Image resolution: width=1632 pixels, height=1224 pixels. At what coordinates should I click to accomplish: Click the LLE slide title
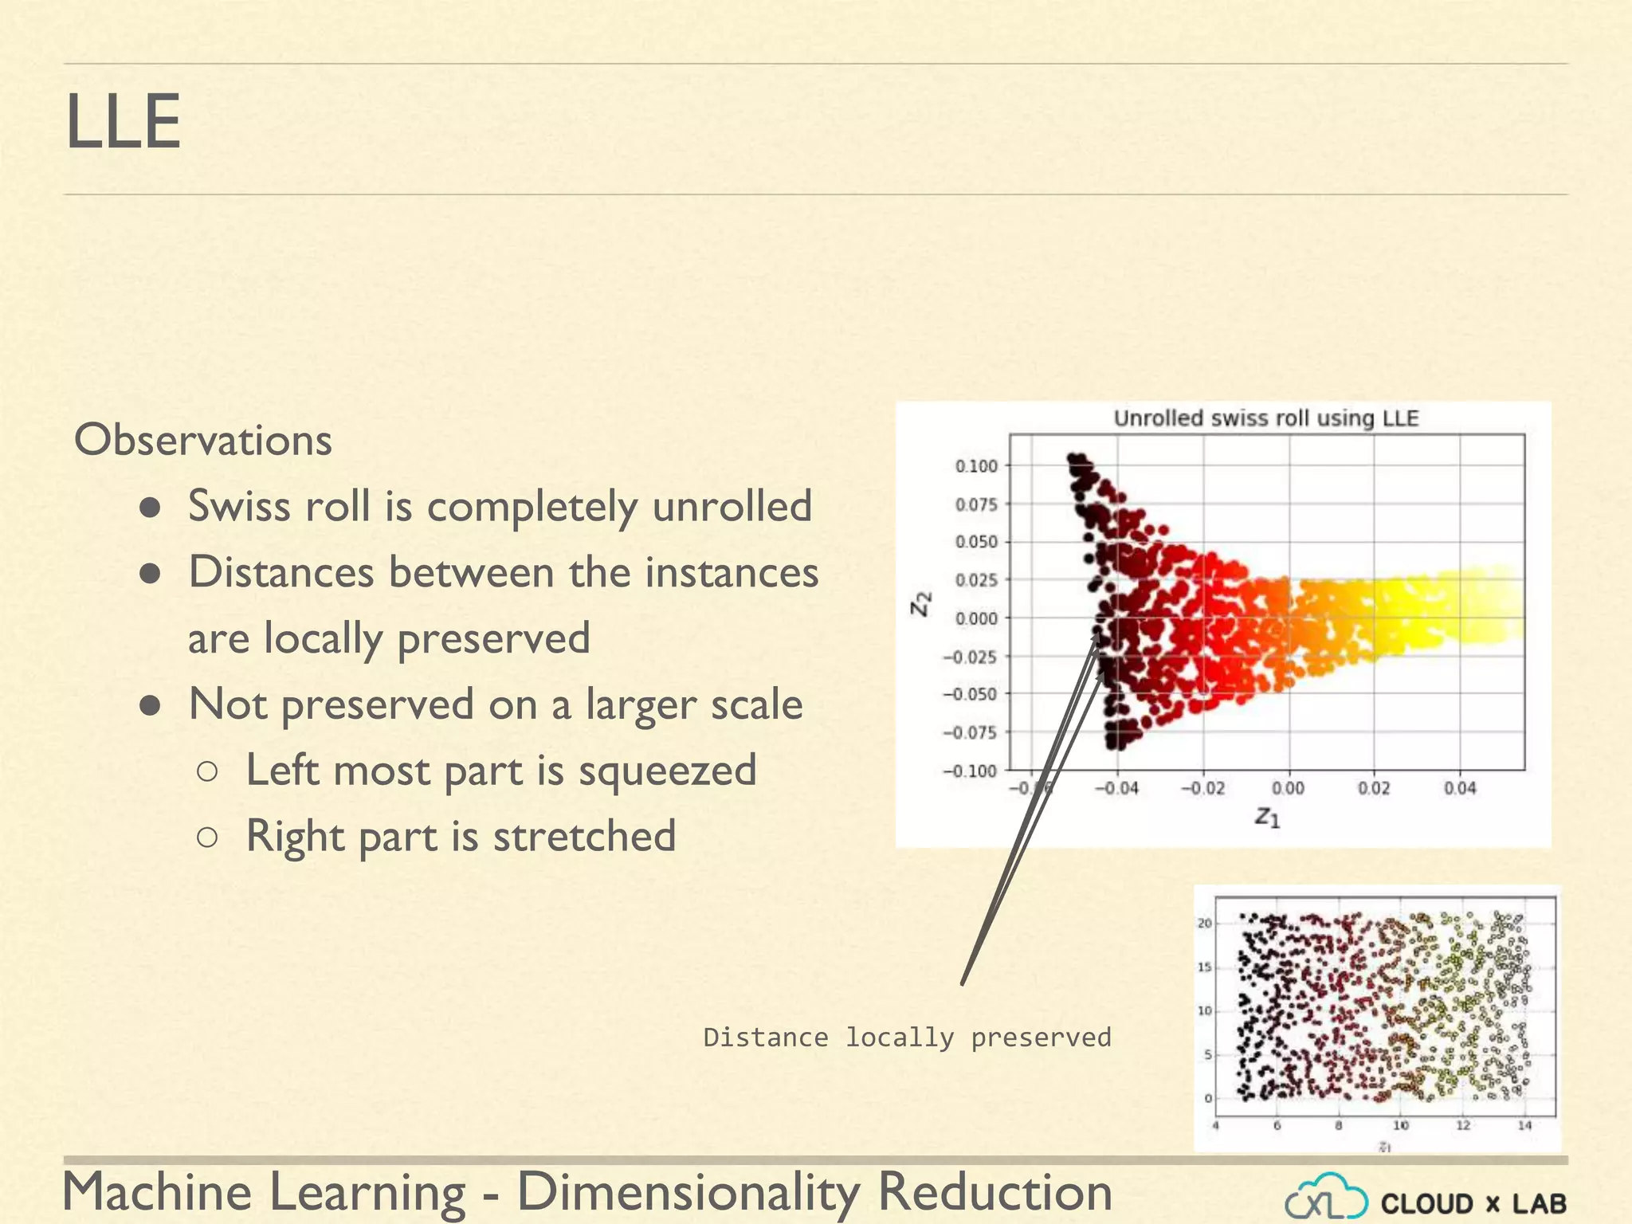tap(124, 122)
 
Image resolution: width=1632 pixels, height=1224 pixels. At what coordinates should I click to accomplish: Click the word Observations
tap(202, 440)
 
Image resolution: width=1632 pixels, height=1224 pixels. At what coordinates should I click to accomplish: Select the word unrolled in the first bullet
tap(732, 506)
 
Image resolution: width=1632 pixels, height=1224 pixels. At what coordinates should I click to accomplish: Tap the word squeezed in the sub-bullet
tap(667, 771)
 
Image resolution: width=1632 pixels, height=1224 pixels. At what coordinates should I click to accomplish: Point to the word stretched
tap(584, 837)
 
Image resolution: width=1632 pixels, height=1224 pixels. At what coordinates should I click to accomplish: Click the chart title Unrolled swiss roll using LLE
tap(1265, 418)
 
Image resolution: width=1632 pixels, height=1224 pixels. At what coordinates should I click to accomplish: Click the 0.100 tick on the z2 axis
tap(976, 466)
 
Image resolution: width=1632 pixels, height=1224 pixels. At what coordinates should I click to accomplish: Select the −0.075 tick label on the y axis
tap(970, 732)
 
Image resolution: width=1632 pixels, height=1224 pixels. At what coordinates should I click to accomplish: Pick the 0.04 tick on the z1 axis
tap(1460, 789)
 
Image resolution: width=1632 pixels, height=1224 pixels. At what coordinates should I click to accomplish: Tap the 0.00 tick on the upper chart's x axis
tap(1288, 789)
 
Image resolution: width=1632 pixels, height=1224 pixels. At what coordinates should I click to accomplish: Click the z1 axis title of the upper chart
tap(1267, 817)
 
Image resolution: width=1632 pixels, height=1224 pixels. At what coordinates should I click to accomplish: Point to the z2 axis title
tap(921, 603)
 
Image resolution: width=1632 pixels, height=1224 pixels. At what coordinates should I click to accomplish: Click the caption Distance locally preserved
tap(907, 1038)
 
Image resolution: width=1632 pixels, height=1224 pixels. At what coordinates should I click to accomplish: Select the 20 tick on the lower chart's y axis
tap(1205, 924)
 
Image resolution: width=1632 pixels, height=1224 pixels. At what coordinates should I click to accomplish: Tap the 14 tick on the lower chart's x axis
tap(1524, 1126)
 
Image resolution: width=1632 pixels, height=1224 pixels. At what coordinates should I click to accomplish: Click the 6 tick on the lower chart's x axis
tap(1277, 1126)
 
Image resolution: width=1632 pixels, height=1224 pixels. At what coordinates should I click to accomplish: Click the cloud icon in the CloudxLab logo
tap(1326, 1198)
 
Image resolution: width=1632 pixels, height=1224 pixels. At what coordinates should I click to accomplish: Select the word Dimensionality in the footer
tap(688, 1192)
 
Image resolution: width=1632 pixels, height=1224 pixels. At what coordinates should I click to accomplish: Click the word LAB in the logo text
tap(1540, 1204)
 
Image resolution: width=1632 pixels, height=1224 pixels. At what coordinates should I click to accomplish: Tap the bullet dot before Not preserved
tap(151, 704)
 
